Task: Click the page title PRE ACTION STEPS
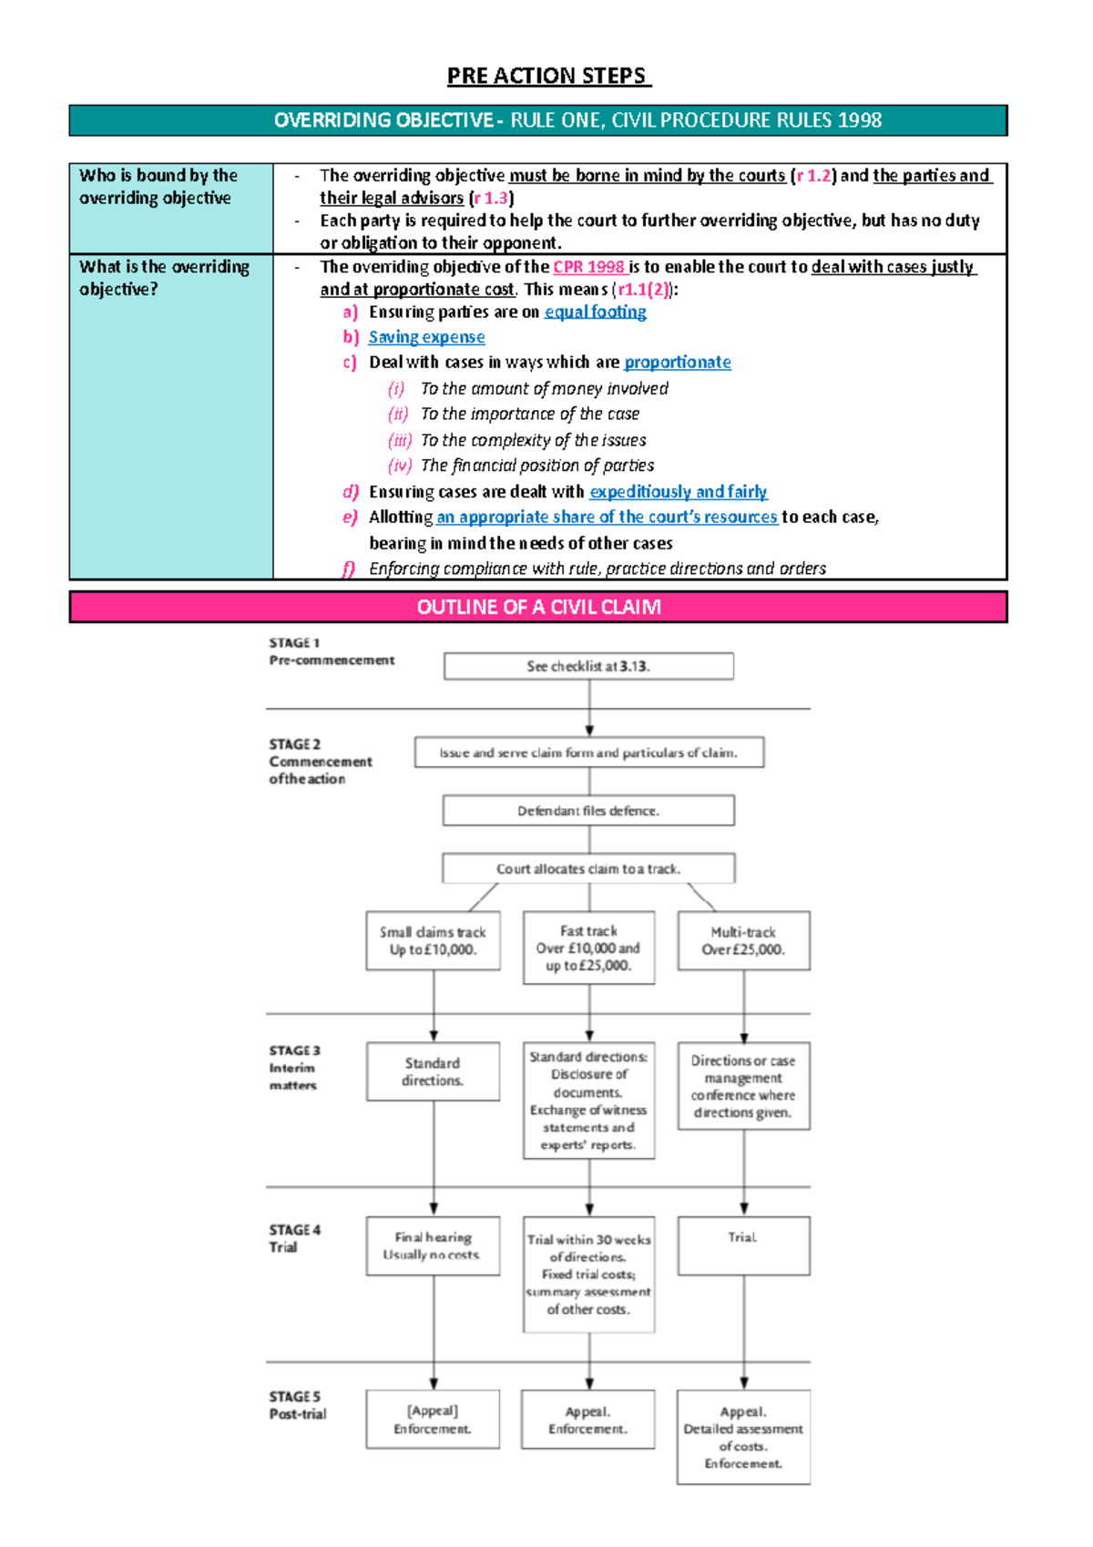pyautogui.click(x=547, y=76)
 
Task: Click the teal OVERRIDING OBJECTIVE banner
pyautogui.click(x=538, y=120)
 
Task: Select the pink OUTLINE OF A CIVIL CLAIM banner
pyautogui.click(x=538, y=607)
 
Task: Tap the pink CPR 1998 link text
pyautogui.click(x=588, y=267)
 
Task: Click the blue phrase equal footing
pyautogui.click(x=595, y=312)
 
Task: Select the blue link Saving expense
pyautogui.click(x=426, y=337)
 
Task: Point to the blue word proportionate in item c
pyautogui.click(x=677, y=362)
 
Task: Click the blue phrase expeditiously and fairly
pyautogui.click(x=678, y=492)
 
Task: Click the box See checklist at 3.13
pyautogui.click(x=588, y=666)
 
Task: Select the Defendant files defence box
pyautogui.click(x=588, y=811)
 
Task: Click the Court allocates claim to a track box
pyautogui.click(x=588, y=869)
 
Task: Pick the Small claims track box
pyautogui.click(x=433, y=941)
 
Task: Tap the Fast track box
pyautogui.click(x=588, y=948)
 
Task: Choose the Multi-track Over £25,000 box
pyautogui.click(x=743, y=941)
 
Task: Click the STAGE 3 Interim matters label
pyautogui.click(x=294, y=1068)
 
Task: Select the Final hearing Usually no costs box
pyautogui.click(x=433, y=1245)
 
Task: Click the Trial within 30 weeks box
pyautogui.click(x=588, y=1274)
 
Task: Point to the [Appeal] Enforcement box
pyautogui.click(x=433, y=1419)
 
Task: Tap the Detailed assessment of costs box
pyautogui.click(x=743, y=1437)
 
